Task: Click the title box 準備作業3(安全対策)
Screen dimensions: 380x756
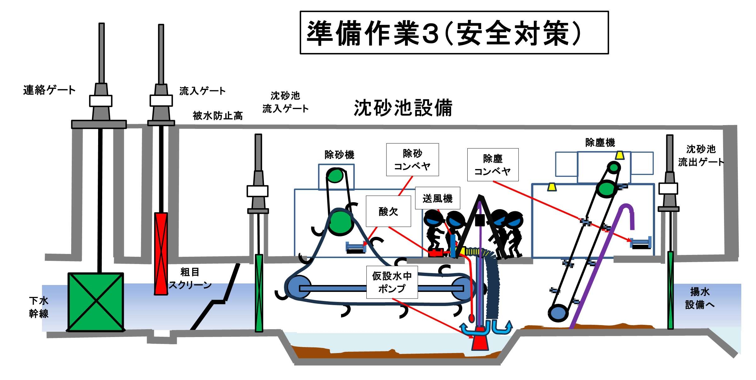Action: [x=454, y=33]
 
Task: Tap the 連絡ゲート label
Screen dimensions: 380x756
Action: [x=49, y=90]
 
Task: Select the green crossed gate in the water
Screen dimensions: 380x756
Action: [x=96, y=302]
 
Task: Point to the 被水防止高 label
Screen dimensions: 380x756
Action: [x=218, y=116]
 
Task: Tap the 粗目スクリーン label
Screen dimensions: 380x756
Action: [x=190, y=278]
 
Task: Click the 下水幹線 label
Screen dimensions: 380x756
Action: [x=39, y=307]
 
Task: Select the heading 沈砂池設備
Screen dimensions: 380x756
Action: [x=403, y=108]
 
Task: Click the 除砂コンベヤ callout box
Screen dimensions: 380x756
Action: [x=412, y=160]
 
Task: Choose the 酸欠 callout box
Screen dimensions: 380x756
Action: [x=388, y=211]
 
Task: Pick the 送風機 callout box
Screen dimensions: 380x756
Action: [x=437, y=198]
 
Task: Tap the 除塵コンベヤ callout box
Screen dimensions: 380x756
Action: [x=492, y=165]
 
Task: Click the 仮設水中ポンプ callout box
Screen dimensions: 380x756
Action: [x=392, y=282]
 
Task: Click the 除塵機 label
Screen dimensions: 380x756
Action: [x=600, y=143]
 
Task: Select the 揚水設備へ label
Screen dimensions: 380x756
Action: [x=700, y=298]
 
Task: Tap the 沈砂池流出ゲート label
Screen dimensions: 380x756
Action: [x=701, y=156]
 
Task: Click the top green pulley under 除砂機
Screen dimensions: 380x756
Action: [x=335, y=175]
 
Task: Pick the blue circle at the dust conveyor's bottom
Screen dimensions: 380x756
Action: [x=558, y=313]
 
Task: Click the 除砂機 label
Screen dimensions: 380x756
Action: [x=339, y=155]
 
